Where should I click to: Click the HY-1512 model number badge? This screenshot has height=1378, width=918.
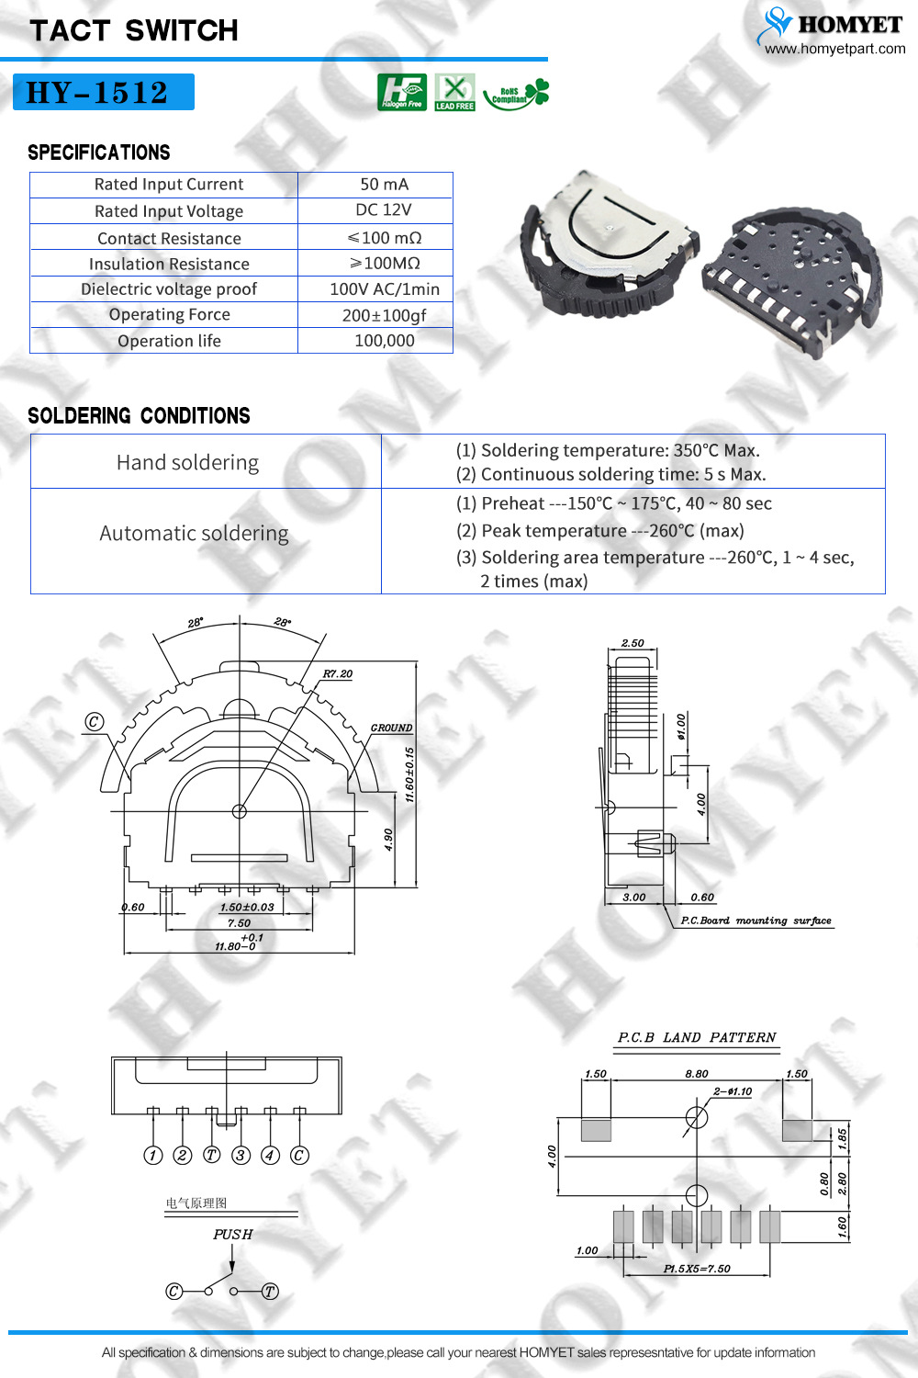click(104, 92)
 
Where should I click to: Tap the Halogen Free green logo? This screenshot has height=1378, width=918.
click(402, 92)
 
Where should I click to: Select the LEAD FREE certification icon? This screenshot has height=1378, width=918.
click(455, 92)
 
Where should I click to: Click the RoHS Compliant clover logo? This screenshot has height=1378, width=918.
click(516, 94)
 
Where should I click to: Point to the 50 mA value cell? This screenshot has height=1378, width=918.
click(385, 185)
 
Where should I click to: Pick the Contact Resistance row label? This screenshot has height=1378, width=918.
click(169, 238)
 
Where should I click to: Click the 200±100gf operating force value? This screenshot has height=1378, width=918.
click(385, 316)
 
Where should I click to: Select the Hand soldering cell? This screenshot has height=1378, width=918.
click(206, 461)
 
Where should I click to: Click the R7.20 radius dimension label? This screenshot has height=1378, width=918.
click(338, 673)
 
